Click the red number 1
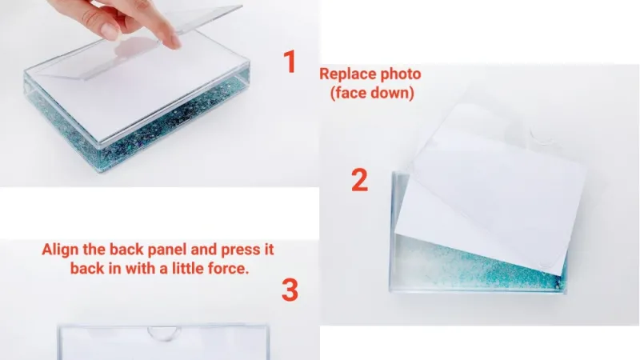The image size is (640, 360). click(x=290, y=62)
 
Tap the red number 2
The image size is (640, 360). click(x=360, y=180)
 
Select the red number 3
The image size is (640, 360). click(x=290, y=290)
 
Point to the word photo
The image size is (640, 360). click(x=400, y=74)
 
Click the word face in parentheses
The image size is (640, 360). click(x=353, y=93)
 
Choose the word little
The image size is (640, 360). click(x=180, y=269)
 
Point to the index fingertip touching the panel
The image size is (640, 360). click(x=169, y=39)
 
